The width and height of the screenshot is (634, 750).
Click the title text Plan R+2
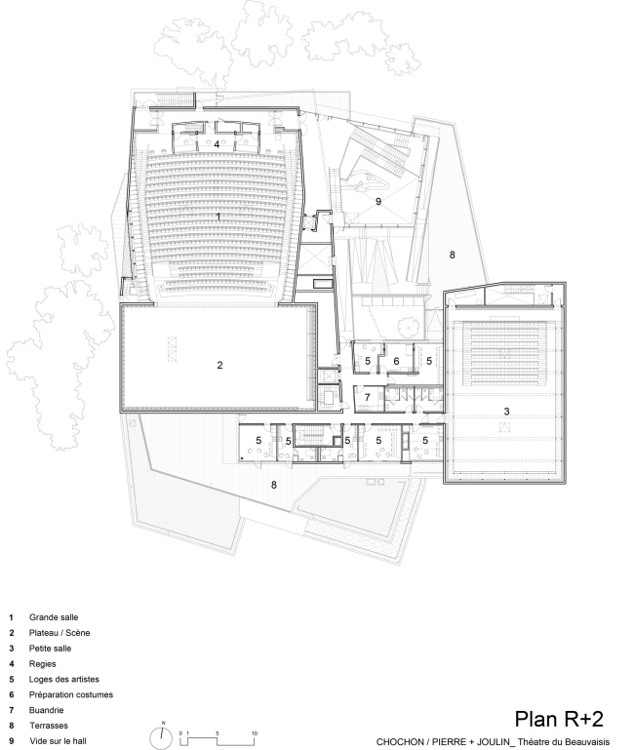coord(559,719)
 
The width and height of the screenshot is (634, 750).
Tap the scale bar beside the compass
coord(218,737)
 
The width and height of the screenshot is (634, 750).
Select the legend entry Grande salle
coord(53,617)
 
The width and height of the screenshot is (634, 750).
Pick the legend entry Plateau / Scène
coord(59,633)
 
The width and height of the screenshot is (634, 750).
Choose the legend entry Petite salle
coord(50,649)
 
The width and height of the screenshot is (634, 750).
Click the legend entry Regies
coord(42,664)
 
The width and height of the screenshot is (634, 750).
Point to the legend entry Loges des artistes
coord(63,679)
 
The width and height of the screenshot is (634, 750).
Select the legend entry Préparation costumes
coord(71,694)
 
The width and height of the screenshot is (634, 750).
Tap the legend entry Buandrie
coord(46,710)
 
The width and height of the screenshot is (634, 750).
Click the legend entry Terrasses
coord(49,726)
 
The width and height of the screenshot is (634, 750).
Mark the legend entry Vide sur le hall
coord(58,741)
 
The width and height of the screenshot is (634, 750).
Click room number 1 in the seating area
coord(218,217)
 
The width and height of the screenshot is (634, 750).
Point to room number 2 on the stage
coord(219,366)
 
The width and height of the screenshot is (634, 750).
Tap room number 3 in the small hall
coord(507,411)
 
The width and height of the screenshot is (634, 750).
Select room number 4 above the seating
coord(217,144)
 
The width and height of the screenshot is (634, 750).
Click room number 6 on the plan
coord(396,361)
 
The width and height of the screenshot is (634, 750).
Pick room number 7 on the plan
coord(367,397)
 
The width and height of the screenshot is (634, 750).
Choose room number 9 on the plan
coord(378,201)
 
